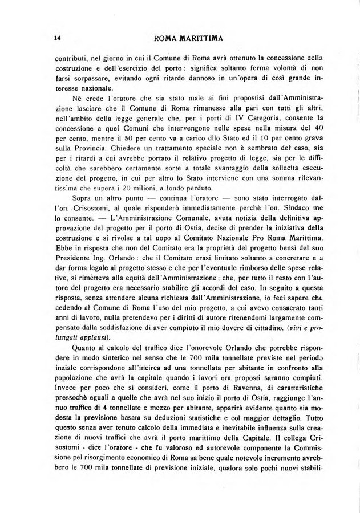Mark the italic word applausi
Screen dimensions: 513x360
click(82, 339)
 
